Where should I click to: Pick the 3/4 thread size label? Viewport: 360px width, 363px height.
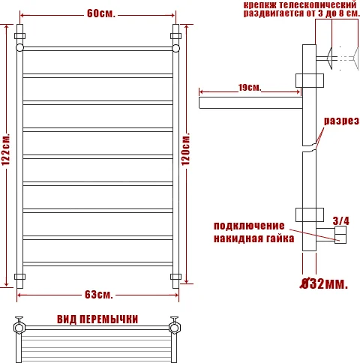pos(340,220)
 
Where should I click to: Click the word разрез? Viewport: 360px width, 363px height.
pos(341,121)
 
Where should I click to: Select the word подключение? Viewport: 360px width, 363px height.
pos(249,226)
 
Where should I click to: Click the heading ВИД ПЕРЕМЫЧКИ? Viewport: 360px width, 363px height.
pos(97,319)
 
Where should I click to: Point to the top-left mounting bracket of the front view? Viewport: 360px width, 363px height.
pos(20,35)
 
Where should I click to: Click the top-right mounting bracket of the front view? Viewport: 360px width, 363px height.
pos(177,35)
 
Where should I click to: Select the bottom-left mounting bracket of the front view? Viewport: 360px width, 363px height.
pos(20,277)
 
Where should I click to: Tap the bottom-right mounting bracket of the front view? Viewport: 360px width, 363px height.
pos(177,277)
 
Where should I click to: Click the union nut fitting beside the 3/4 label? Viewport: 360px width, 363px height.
pos(340,238)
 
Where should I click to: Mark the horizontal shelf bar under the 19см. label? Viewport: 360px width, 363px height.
pos(250,99)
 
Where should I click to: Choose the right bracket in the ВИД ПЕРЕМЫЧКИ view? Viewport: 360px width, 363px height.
pos(177,327)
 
